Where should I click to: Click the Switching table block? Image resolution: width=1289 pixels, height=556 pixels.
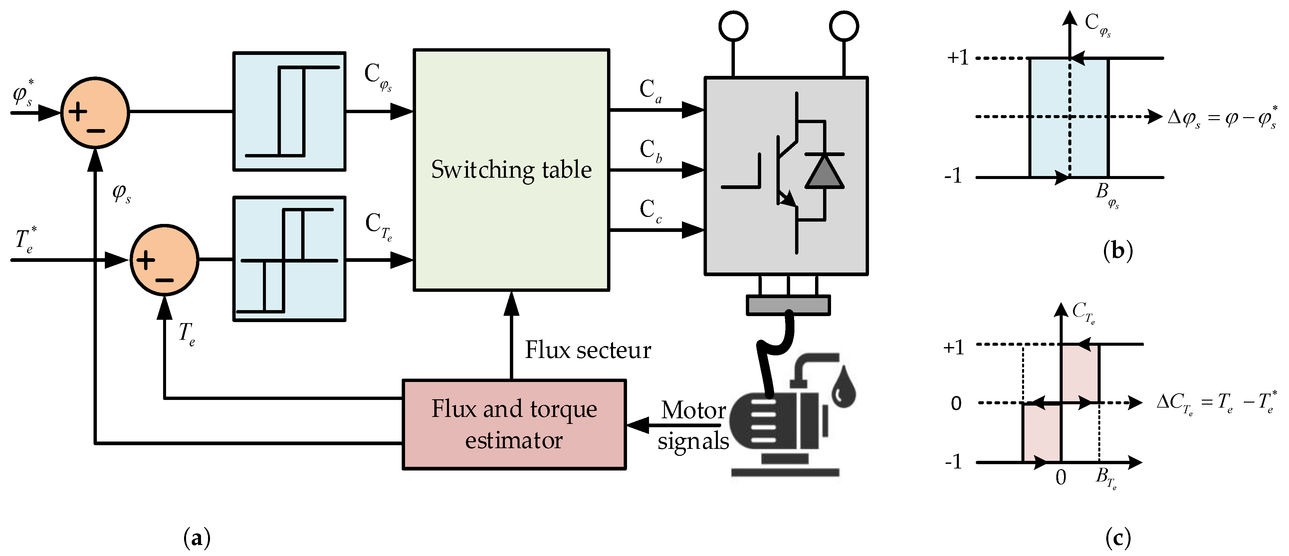point(511,170)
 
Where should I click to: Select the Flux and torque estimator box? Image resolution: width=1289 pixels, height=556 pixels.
point(514,424)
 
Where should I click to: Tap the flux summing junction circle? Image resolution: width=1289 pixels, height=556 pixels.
point(95,112)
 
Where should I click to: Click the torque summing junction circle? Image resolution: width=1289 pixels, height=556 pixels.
point(164,260)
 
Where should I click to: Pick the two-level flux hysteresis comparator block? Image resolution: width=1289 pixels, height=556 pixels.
point(289,111)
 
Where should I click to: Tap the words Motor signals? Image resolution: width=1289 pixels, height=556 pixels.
point(693,425)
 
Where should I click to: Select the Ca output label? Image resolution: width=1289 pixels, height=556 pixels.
point(650,91)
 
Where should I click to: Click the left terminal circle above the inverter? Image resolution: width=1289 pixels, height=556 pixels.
point(733,26)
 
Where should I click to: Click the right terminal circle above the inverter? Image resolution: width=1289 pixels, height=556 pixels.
point(844,26)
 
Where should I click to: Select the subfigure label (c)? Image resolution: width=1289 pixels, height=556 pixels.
point(1117,538)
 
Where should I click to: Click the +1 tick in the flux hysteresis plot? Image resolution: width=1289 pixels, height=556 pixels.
point(957,58)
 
